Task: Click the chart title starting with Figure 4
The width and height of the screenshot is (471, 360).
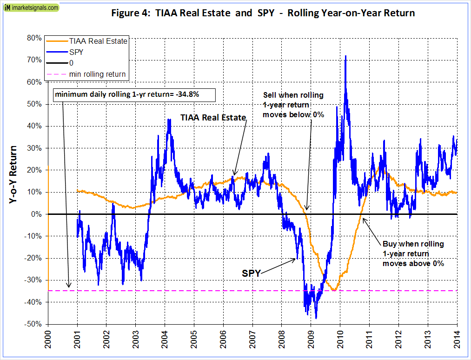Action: pos(263,13)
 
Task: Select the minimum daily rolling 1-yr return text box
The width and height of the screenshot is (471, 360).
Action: pos(135,95)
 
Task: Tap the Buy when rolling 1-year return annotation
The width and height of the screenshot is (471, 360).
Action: pos(413,253)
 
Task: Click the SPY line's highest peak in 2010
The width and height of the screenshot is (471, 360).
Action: pos(345,56)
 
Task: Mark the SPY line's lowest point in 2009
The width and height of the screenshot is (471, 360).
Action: pos(316,319)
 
